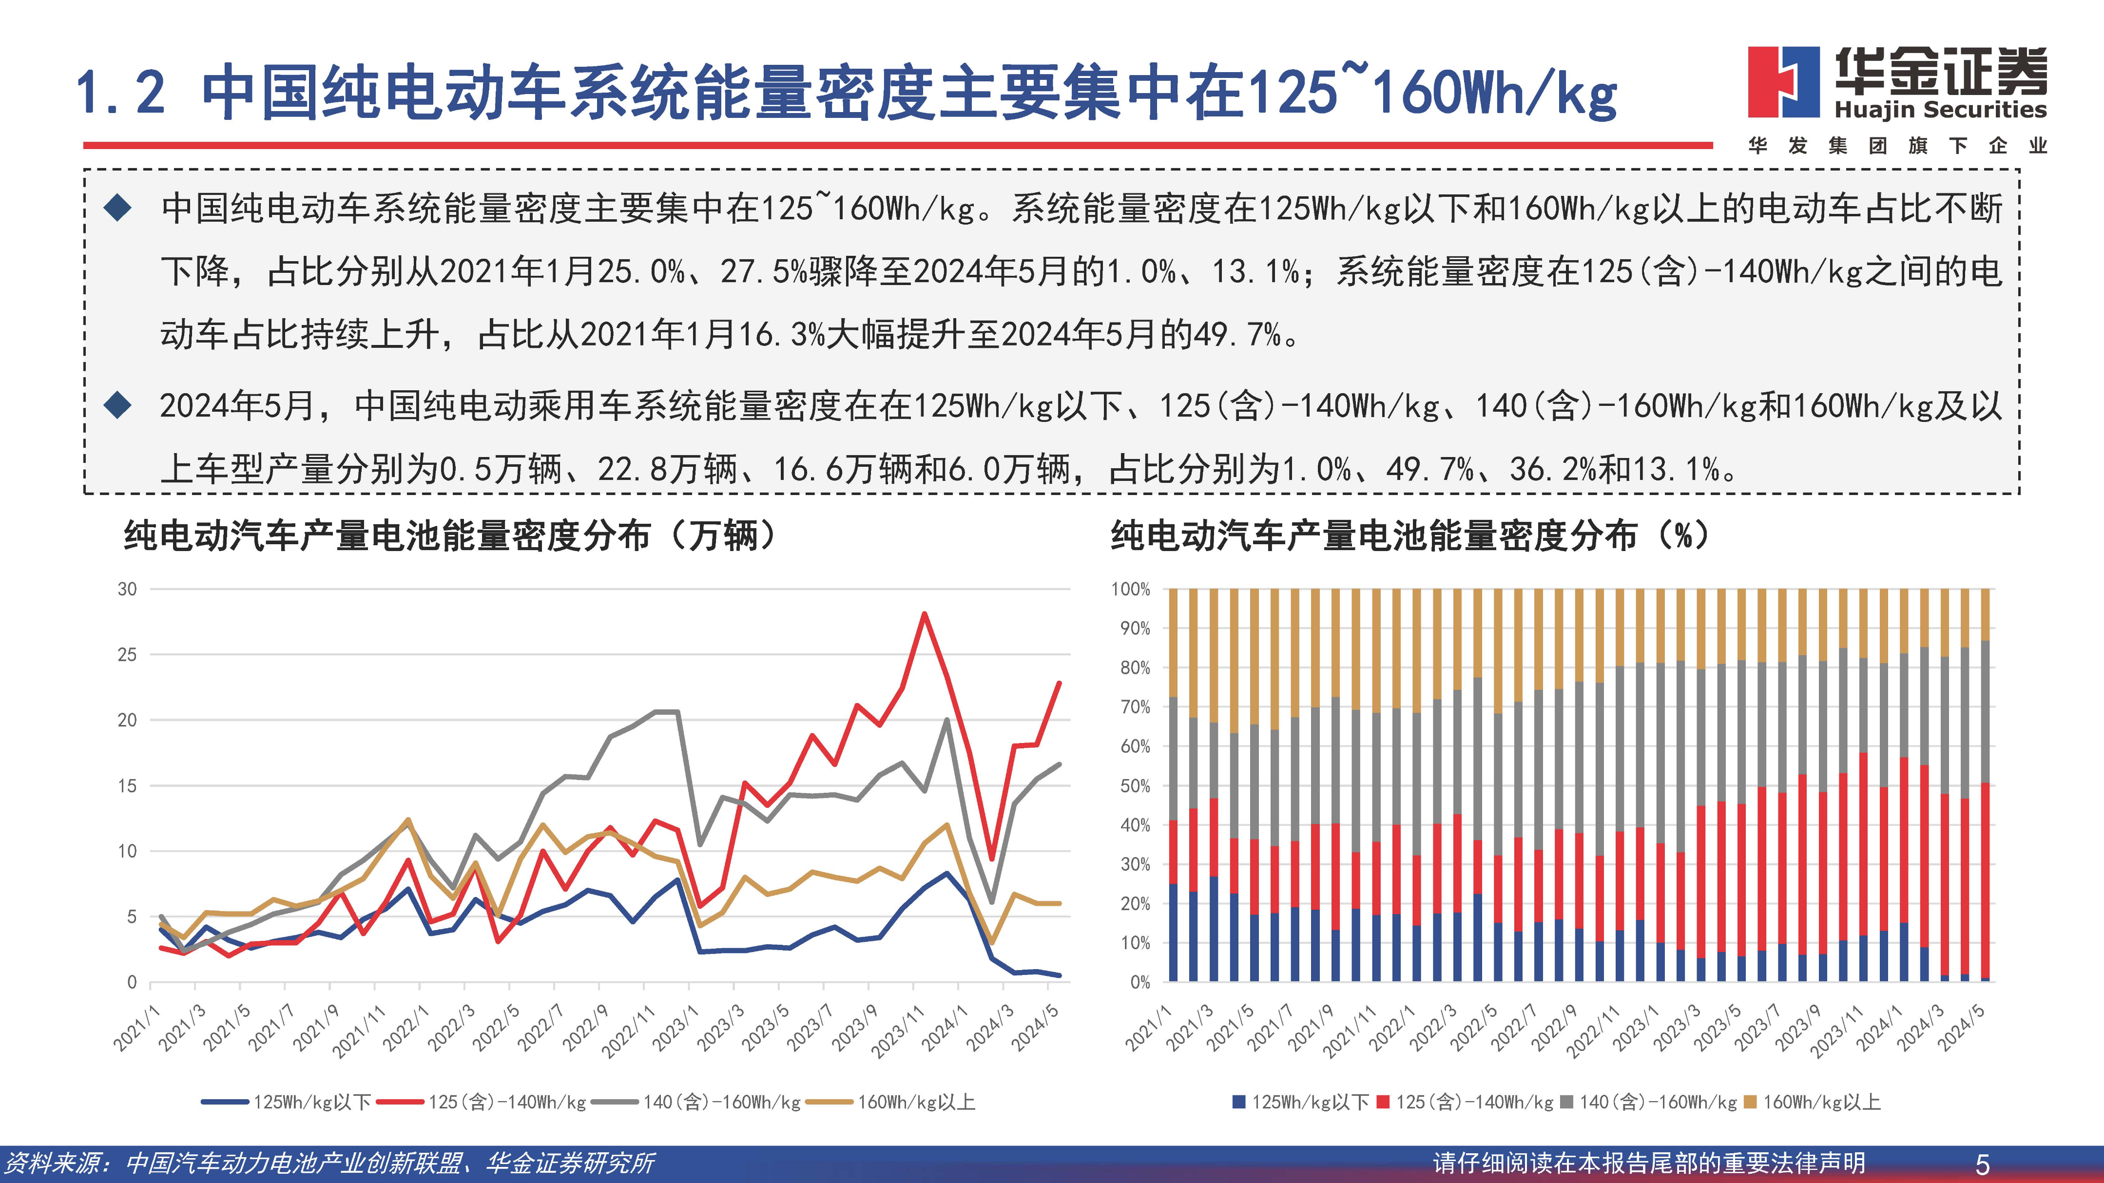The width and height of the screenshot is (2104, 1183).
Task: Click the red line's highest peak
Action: click(x=924, y=614)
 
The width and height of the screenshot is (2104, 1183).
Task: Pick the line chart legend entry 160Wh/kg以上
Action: click(x=915, y=1102)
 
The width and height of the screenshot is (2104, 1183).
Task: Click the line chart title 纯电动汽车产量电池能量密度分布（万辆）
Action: click(x=450, y=536)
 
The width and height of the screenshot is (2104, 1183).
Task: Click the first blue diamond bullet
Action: click(x=118, y=208)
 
